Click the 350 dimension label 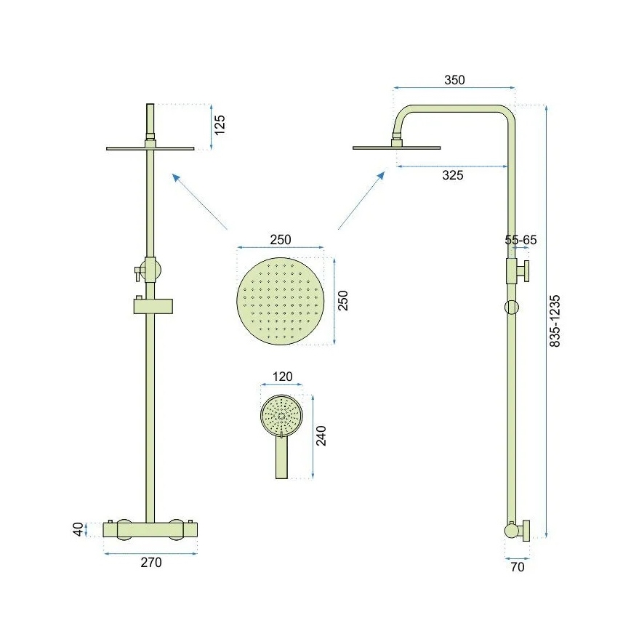coord(454,80)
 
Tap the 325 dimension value coord(452,175)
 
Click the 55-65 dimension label coord(521,239)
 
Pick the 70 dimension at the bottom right coord(517,567)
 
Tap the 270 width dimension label coord(150,562)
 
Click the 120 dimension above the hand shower coord(282,377)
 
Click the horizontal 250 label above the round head coord(281,240)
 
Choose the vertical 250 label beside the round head coord(344,300)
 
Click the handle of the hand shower coord(281,459)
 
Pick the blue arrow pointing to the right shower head coord(361,200)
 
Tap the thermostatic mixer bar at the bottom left coord(150,531)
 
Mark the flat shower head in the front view coord(150,148)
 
